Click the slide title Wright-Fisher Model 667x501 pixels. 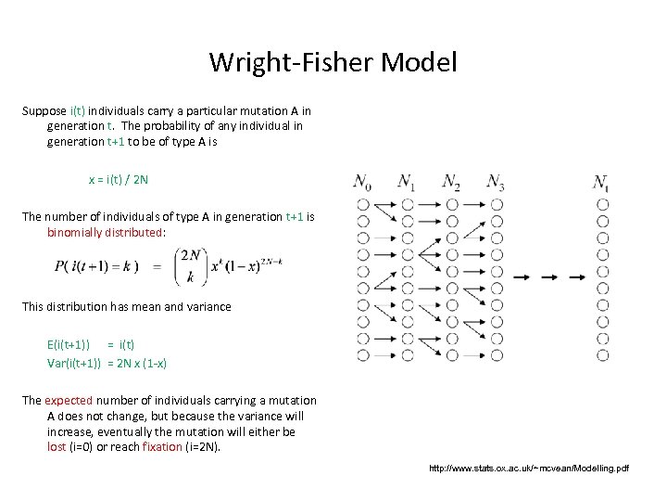click(333, 62)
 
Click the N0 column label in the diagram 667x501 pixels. click(362, 181)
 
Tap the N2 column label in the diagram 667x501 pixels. click(451, 181)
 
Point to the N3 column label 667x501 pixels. click(496, 181)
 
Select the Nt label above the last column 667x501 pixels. click(601, 181)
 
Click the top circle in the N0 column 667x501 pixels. click(362, 205)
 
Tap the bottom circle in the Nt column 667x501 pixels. click(602, 353)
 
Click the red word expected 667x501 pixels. click(69, 400)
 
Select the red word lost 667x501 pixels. click(57, 446)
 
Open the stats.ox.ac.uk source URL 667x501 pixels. click(528, 469)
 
